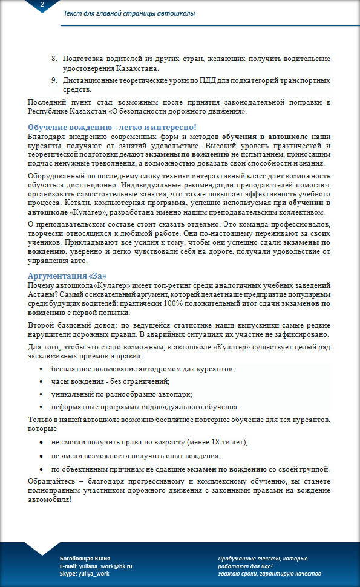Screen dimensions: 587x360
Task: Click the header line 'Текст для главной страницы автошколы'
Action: click(129, 13)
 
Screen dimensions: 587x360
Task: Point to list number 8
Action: click(53, 58)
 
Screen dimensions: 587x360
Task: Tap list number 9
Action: click(53, 80)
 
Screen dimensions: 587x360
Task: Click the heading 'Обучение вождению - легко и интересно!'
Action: click(113, 127)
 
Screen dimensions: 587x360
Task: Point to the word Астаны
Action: click(43, 294)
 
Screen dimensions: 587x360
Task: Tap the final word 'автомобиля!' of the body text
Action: click(50, 500)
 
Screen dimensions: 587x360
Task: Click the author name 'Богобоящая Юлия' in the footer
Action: click(85, 557)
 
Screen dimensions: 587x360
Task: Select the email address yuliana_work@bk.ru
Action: click(105, 566)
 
